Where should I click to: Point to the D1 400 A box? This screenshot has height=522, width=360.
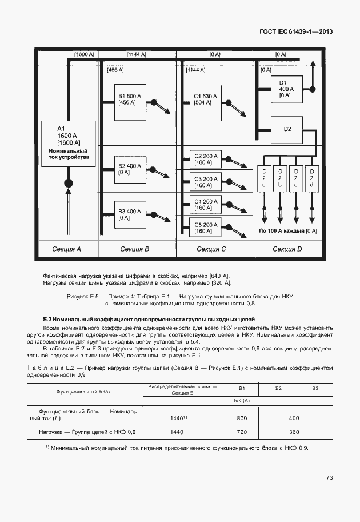tap(286, 89)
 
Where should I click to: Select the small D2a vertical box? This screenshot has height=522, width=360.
tap(264, 178)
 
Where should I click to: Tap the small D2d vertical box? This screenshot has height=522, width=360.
tap(311, 178)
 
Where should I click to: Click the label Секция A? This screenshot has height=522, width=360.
tap(67, 249)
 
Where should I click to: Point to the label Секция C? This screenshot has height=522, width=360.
tap(211, 249)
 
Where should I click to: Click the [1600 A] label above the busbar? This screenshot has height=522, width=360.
tap(85, 54)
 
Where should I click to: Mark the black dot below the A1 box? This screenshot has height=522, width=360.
tap(68, 184)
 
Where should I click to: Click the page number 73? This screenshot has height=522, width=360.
tap(329, 477)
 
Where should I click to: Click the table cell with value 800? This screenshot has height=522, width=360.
tap(241, 418)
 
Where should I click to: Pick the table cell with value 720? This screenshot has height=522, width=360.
tap(241, 432)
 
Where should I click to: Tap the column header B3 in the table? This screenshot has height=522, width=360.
tap(315, 389)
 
